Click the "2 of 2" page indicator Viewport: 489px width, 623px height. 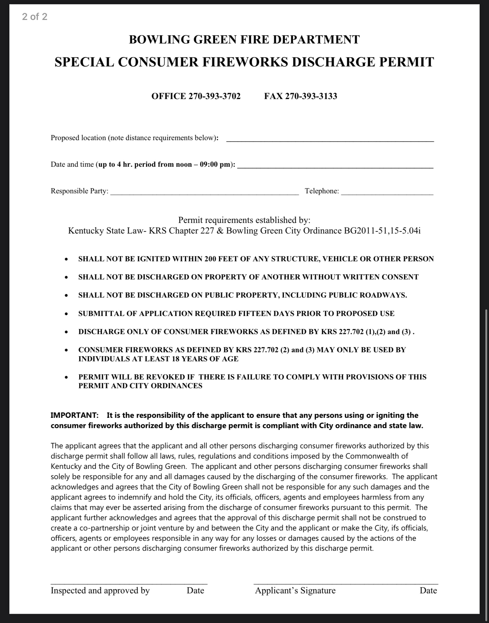pyautogui.click(x=35, y=16)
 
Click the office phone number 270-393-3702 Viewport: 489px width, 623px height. pyautogui.click(x=214, y=96)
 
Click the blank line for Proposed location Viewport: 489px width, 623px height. pyautogui.click(x=330, y=139)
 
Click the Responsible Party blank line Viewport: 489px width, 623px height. pyautogui.click(x=204, y=192)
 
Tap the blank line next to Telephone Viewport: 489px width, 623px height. pyautogui.click(x=387, y=192)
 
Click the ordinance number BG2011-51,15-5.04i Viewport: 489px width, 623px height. pyautogui.click(x=382, y=231)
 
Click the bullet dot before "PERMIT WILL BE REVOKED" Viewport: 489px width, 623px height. pyautogui.click(x=66, y=377)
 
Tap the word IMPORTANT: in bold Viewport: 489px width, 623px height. pyautogui.click(x=75, y=415)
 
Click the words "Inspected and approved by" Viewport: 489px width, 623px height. pyautogui.click(x=100, y=590)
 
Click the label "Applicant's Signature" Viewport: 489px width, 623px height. pyautogui.click(x=295, y=590)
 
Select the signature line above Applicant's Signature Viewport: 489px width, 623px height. pyautogui.click(x=346, y=583)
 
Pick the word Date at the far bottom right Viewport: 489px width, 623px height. pyautogui.click(x=428, y=590)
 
